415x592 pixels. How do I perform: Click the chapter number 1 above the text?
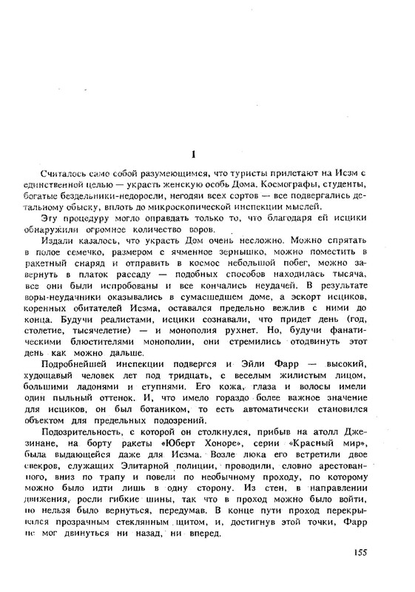(193, 155)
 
